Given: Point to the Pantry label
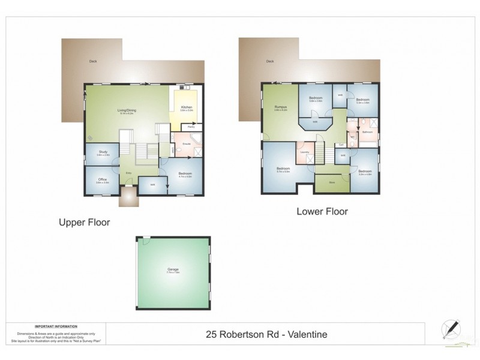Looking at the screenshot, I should tap(191, 127).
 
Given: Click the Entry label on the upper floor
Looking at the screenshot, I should tap(128, 173).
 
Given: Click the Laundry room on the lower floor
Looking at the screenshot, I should tap(304, 152).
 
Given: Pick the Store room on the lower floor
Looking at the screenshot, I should tap(332, 182).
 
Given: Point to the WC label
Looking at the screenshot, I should tap(353, 136).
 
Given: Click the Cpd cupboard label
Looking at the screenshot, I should tap(341, 145).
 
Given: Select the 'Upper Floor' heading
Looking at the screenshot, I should tap(84, 222).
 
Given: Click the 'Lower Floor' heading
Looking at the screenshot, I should tap(322, 211).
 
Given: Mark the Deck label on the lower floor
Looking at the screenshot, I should tap(270, 61).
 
